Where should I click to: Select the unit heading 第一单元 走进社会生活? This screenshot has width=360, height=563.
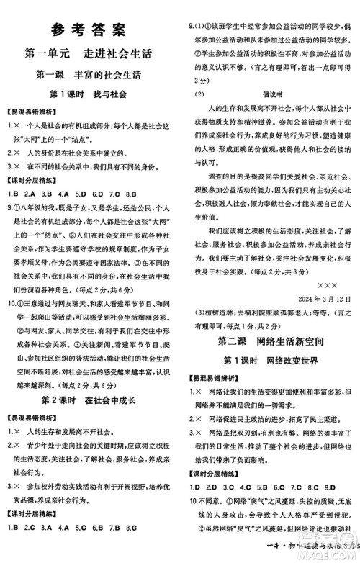pyautogui.click(x=90, y=53)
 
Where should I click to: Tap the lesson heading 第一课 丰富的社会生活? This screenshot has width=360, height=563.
pyautogui.click(x=90, y=74)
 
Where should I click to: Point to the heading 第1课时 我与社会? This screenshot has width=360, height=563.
pyautogui.click(x=89, y=94)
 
